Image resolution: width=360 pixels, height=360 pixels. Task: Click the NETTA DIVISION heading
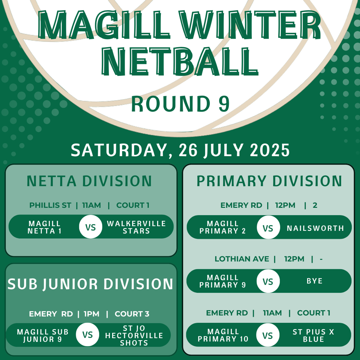(x=89, y=181)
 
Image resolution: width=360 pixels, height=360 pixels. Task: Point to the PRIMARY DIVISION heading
(x=269, y=181)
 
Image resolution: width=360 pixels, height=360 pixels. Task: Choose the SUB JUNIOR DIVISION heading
(x=90, y=284)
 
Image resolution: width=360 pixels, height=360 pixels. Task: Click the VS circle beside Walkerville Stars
(x=91, y=226)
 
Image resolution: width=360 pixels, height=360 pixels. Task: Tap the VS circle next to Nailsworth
(x=268, y=227)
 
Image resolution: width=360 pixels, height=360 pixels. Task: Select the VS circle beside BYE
(x=268, y=281)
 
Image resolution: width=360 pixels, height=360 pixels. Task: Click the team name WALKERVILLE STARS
(x=136, y=227)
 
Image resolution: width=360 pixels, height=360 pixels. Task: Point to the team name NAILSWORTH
(x=315, y=228)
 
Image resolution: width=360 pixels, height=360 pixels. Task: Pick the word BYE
(x=315, y=281)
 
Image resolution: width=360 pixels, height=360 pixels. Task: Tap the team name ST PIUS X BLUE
(x=313, y=335)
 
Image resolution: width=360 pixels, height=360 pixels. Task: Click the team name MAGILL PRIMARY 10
(x=223, y=335)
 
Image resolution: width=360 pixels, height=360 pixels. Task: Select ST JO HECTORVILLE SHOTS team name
(x=134, y=335)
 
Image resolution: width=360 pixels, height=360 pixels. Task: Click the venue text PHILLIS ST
(x=50, y=205)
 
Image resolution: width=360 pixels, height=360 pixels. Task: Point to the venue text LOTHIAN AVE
(x=242, y=259)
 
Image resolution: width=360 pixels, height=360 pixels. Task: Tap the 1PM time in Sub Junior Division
(x=91, y=314)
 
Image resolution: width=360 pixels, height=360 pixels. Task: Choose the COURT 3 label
(x=132, y=314)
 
